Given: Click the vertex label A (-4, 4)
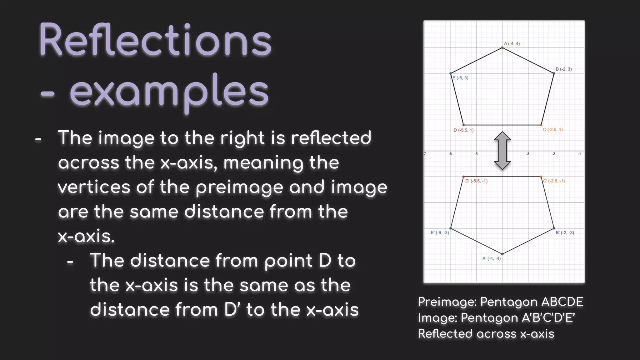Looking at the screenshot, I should (x=512, y=44).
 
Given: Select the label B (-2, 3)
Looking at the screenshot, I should (x=564, y=69).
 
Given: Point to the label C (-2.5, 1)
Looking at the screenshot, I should (x=553, y=130).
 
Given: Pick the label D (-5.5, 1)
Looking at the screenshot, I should (x=463, y=130).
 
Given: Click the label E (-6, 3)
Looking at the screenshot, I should (x=460, y=78).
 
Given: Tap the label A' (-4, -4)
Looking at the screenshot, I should (x=492, y=258).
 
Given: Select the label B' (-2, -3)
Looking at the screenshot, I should (x=565, y=233).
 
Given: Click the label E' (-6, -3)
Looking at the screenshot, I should (x=440, y=233).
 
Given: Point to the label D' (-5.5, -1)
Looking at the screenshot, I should (x=476, y=181).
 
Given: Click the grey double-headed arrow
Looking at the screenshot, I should (x=502, y=151).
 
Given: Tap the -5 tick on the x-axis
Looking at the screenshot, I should (x=476, y=154).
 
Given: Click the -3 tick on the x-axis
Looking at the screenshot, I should (x=527, y=154).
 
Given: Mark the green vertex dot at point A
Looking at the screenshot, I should (x=502, y=47).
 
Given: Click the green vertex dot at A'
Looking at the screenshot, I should (x=502, y=254).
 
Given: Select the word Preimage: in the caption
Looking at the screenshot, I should (x=447, y=302).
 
